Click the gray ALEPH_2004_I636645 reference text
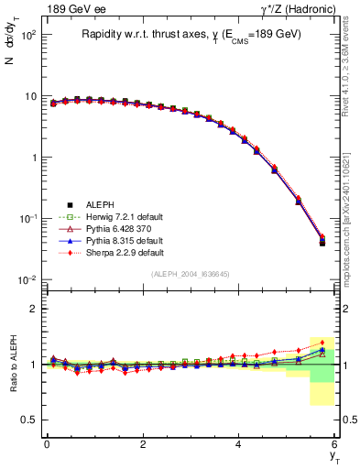tap(191, 274)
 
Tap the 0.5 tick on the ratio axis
tap(31, 420)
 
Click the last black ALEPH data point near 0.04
tap(322, 243)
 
